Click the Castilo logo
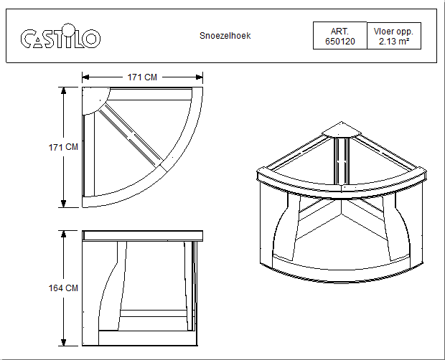pyautogui.click(x=60, y=36)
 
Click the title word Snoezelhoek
pyautogui.click(x=225, y=36)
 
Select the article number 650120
pyautogui.click(x=340, y=42)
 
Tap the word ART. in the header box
pyautogui.click(x=339, y=31)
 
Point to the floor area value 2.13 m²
pyautogui.click(x=394, y=42)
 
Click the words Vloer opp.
pyautogui.click(x=393, y=32)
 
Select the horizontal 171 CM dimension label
pyautogui.click(x=142, y=77)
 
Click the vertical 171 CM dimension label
pyautogui.click(x=63, y=147)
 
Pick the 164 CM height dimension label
pyautogui.click(x=63, y=288)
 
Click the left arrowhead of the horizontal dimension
pyautogui.click(x=85, y=77)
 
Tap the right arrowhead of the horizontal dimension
pyautogui.click(x=200, y=77)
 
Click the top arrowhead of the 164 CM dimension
pyautogui.click(x=64, y=234)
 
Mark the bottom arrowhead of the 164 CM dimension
pyautogui.click(x=64, y=342)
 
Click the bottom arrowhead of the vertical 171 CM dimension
pyautogui.click(x=64, y=204)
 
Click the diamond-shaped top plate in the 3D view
pyautogui.click(x=342, y=130)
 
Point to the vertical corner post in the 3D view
pyautogui.click(x=342, y=161)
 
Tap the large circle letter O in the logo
pyautogui.click(x=91, y=38)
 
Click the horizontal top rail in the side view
pyautogui.click(x=142, y=236)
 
